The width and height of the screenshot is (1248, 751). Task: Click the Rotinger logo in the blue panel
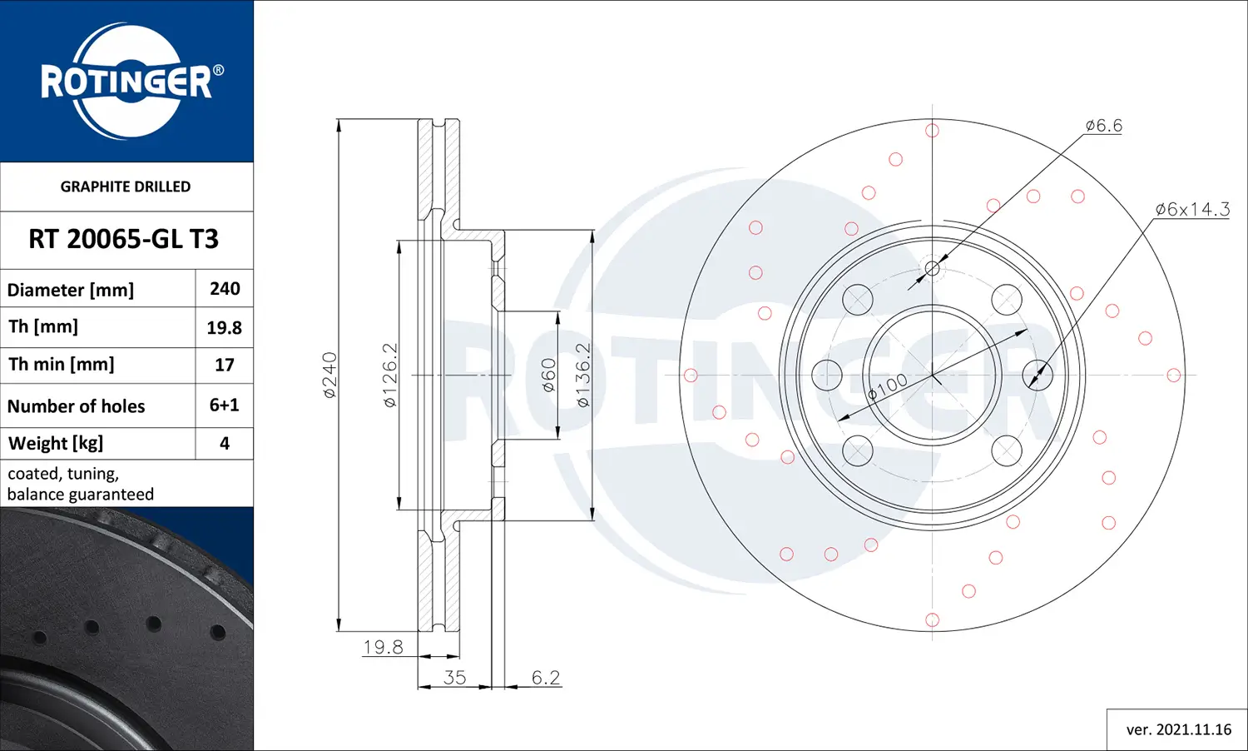(129, 82)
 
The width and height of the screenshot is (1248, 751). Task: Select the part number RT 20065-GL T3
(123, 239)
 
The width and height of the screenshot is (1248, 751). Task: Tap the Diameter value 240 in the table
(225, 289)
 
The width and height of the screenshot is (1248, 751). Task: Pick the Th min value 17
(225, 365)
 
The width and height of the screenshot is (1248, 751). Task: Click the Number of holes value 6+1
(225, 405)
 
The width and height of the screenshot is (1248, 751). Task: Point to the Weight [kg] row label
(56, 443)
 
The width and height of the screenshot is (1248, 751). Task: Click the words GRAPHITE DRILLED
(126, 187)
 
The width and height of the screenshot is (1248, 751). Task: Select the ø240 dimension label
(330, 375)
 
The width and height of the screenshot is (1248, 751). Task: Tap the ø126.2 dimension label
(390, 375)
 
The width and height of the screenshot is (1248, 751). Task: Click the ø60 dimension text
(548, 375)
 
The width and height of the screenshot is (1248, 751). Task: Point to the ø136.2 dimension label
(583, 375)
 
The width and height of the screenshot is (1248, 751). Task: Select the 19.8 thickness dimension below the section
(383, 647)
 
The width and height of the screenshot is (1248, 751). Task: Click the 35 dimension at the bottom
(454, 678)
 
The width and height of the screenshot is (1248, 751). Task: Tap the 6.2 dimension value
(546, 678)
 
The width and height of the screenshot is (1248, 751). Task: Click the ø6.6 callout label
(1103, 126)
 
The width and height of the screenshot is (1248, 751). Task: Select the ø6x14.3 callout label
(1191, 209)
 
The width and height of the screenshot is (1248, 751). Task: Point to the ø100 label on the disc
(887, 388)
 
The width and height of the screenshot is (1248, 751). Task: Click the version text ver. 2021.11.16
(1178, 729)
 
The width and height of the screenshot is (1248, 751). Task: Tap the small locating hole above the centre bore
(932, 268)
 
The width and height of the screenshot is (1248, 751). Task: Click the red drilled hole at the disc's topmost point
(932, 131)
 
